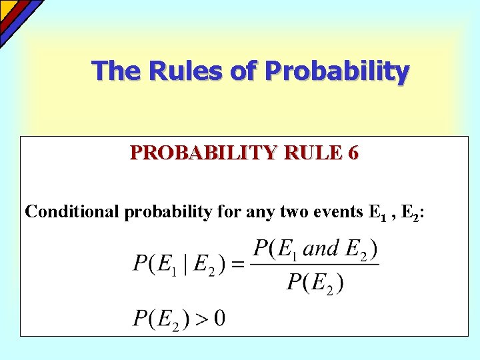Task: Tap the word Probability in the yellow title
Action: [x=337, y=71]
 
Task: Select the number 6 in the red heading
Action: [x=353, y=153]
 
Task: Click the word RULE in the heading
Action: [x=311, y=153]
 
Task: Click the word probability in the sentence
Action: [x=165, y=213]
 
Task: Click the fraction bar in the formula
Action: [x=316, y=265]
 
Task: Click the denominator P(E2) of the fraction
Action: [x=315, y=283]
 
